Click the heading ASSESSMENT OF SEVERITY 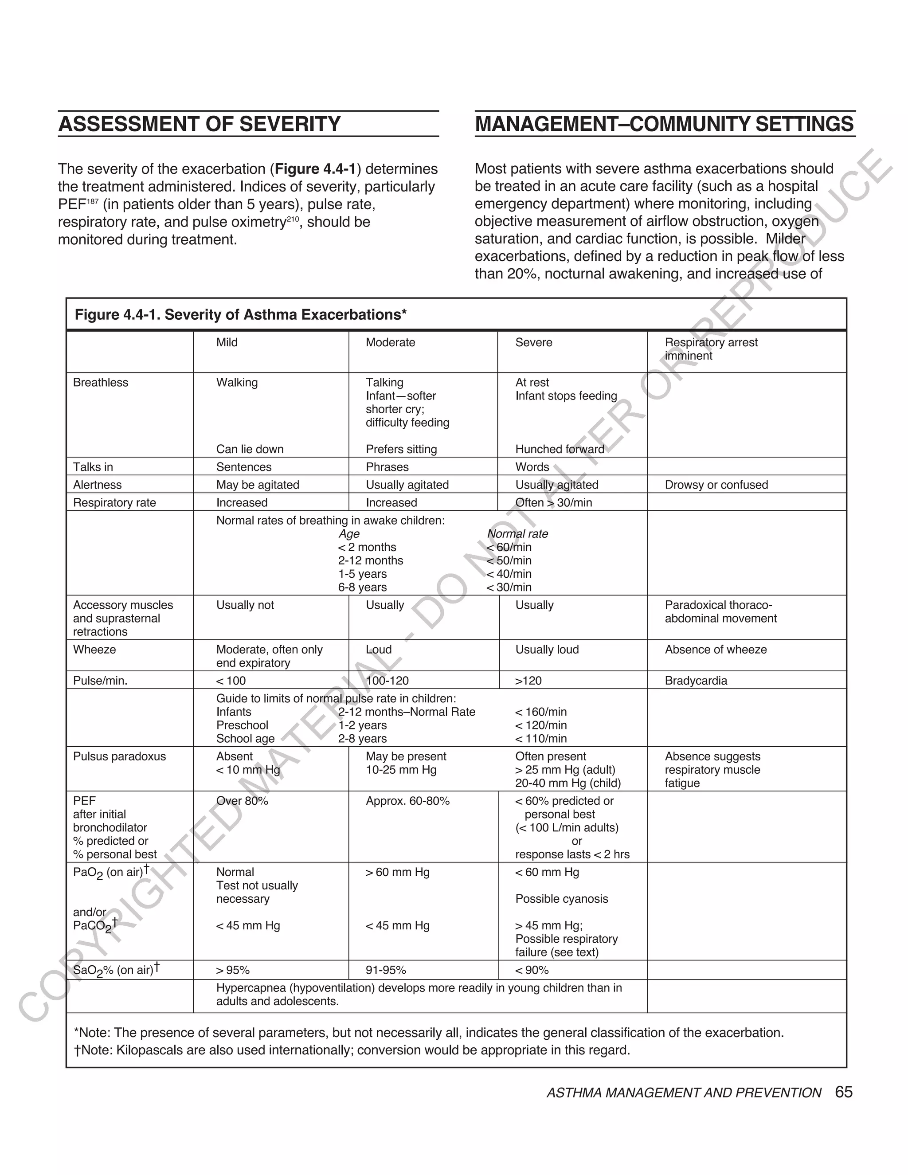point(199,124)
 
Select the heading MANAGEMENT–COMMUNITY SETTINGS point(664,124)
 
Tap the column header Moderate point(390,343)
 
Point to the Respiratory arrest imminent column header point(711,349)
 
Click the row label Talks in point(93,467)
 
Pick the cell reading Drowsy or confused point(716,485)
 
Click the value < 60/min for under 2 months point(509,547)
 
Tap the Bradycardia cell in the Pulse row point(696,681)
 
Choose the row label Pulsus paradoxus point(119,756)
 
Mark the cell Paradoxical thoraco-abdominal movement point(720,612)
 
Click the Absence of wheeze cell point(716,650)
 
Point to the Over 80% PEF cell point(242,801)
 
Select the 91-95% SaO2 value point(386,970)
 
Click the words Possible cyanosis point(562,899)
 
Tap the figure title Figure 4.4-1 point(240,315)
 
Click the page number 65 point(843,1092)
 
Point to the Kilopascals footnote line point(352,1050)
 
